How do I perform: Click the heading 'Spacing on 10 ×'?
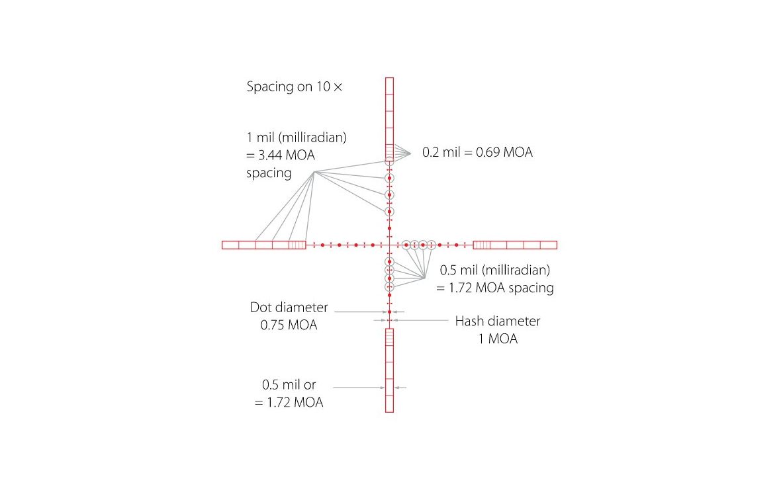[x=295, y=87]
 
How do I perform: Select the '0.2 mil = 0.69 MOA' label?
[x=477, y=152]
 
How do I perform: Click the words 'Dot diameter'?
[x=289, y=308]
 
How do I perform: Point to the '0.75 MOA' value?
[x=289, y=325]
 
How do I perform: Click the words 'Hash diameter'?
[x=498, y=321]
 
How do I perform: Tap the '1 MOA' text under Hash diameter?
[x=498, y=339]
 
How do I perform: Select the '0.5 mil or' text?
[x=289, y=384]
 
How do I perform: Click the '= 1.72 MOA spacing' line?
[x=495, y=288]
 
